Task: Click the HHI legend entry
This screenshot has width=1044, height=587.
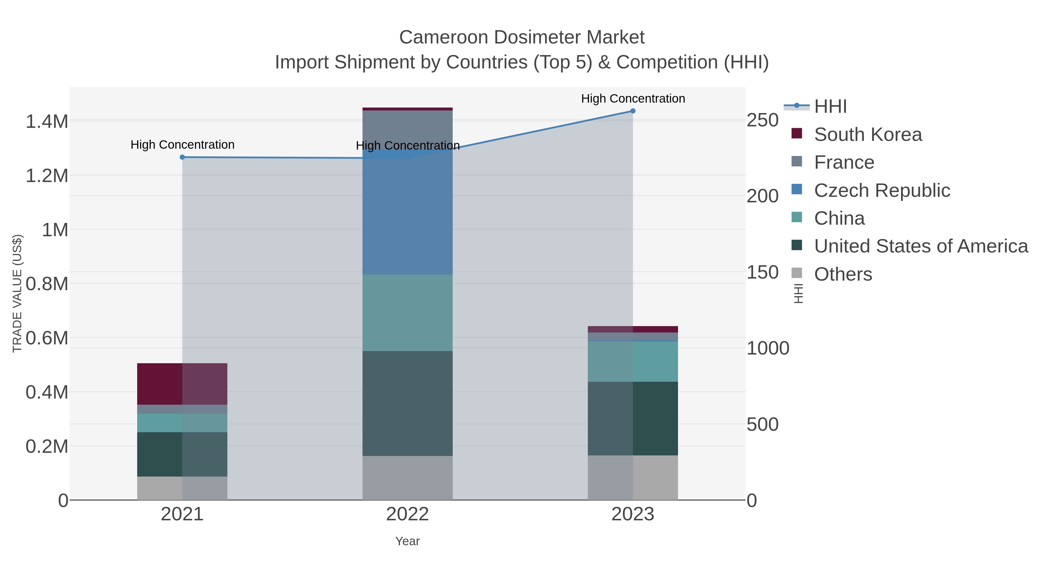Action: pos(830,107)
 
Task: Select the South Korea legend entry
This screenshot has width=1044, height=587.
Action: pos(867,135)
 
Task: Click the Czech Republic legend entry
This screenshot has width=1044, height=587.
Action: pos(882,190)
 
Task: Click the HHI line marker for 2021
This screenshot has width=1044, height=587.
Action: pos(182,157)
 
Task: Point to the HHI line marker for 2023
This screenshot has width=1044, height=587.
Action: pos(633,111)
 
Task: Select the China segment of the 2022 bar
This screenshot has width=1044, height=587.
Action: pos(407,313)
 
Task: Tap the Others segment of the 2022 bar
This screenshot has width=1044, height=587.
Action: pos(407,478)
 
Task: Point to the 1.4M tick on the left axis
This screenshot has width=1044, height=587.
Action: pos(47,121)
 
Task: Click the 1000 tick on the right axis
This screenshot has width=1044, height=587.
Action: pos(768,348)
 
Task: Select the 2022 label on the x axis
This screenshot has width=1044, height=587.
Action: pos(407,515)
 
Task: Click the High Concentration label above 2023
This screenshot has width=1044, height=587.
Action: pos(633,99)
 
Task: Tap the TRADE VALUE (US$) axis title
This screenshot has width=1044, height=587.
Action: pos(17,293)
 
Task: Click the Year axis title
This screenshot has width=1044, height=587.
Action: pos(407,541)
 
